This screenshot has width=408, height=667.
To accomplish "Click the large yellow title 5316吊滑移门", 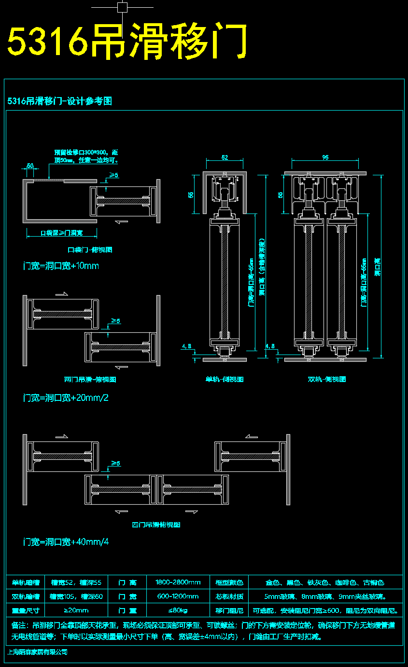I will pyautogui.click(x=127, y=41).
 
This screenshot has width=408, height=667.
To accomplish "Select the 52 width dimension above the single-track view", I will pyautogui.click(x=225, y=157).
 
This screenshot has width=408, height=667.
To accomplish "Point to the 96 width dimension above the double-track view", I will pyautogui.click(x=325, y=157).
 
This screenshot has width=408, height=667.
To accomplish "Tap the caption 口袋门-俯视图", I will pyautogui.click(x=90, y=250).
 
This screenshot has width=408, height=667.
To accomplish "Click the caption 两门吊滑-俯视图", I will pyautogui.click(x=90, y=380).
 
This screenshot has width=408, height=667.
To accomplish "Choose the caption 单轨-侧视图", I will pyautogui.click(x=225, y=380).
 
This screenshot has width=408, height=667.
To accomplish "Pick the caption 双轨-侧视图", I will pyautogui.click(x=327, y=380).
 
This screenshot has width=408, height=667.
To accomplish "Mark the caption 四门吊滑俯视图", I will pyautogui.click(x=156, y=525).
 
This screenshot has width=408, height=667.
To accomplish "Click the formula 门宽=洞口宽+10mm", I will pyautogui.click(x=61, y=266).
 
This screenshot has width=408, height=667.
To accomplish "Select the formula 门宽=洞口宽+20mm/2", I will pyautogui.click(x=66, y=398).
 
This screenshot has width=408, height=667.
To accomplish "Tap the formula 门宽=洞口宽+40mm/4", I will pyautogui.click(x=66, y=542).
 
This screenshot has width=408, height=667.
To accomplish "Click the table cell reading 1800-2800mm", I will pyautogui.click(x=178, y=582).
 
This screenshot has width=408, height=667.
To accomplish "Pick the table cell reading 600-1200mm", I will pyautogui.click(x=178, y=596).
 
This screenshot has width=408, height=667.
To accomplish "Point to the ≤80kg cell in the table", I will pyautogui.click(x=178, y=610).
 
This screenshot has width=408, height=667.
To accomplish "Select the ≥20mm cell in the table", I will pyautogui.click(x=76, y=610).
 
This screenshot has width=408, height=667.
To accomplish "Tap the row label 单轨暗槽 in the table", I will pyautogui.click(x=26, y=582).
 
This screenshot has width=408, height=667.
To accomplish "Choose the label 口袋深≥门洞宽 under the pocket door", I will pyautogui.click(x=61, y=233).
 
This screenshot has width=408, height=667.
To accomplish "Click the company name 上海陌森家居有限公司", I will pyautogui.click(x=37, y=652).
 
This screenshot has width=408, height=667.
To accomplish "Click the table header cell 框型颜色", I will pyautogui.click(x=229, y=582).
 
